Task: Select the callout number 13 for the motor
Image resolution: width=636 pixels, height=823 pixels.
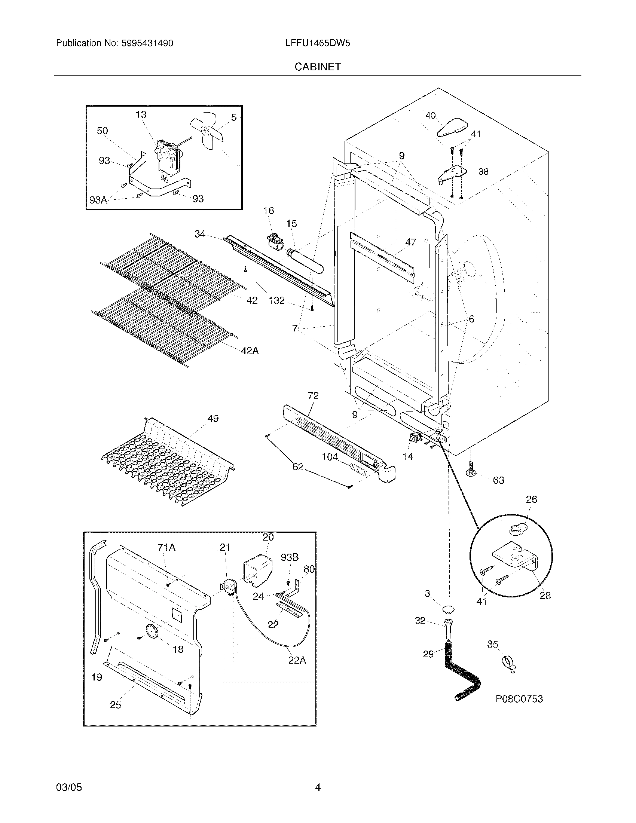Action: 141,114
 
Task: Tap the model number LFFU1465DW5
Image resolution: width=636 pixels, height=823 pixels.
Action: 318,43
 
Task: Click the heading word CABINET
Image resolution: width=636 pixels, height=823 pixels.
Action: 318,67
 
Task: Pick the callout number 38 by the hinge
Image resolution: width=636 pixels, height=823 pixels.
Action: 483,171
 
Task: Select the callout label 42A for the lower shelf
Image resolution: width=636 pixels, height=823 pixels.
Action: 250,351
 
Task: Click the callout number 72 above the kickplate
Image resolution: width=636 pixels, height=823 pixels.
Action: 313,395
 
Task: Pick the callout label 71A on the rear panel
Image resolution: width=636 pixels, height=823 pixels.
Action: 166,547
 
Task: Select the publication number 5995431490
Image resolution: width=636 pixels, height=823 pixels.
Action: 147,43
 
